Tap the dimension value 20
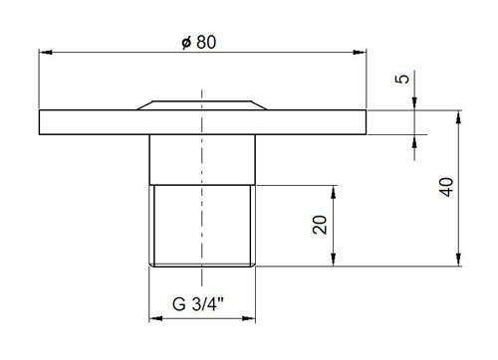coord(319,225)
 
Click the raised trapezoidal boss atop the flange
coord(202,103)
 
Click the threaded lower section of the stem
coord(202,225)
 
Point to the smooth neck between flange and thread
coord(202,159)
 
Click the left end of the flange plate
coord(42,121)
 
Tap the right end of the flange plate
coord(365,121)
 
